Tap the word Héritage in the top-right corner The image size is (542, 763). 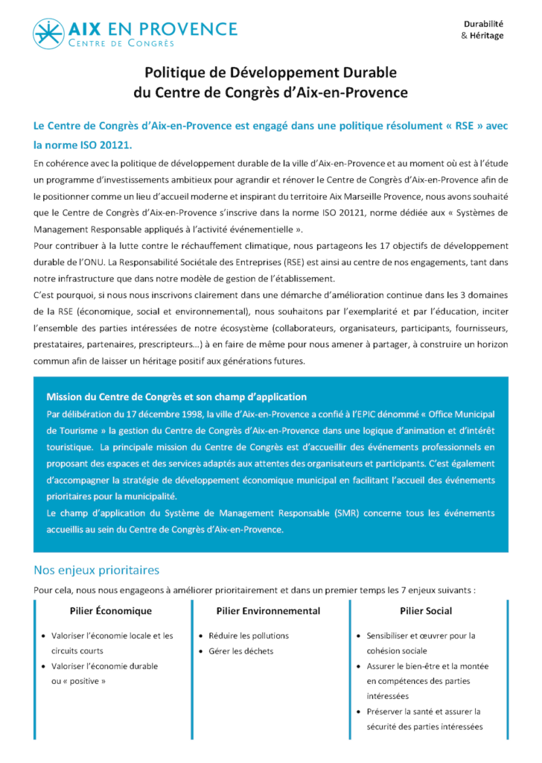[x=486, y=35]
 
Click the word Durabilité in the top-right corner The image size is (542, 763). [x=484, y=23]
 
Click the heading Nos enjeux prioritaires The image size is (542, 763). [x=97, y=571]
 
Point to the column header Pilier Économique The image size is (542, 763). [x=110, y=611]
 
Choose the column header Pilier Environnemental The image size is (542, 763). [x=268, y=611]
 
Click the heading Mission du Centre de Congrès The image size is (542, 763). [x=176, y=397]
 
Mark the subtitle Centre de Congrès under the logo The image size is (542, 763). [x=121, y=44]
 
